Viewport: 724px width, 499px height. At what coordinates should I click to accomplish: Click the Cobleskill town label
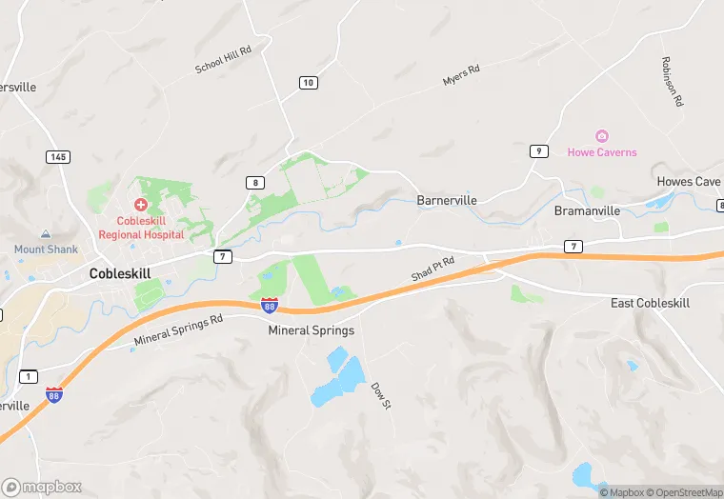[x=120, y=272]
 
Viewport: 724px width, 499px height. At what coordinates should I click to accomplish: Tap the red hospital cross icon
[x=141, y=205]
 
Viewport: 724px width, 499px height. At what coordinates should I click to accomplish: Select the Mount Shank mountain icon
[x=45, y=234]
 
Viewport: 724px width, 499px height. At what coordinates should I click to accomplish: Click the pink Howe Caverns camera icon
[x=602, y=137]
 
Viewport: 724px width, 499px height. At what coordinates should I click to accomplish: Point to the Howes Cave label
[x=688, y=182]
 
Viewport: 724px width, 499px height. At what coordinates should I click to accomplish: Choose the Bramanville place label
[x=587, y=210]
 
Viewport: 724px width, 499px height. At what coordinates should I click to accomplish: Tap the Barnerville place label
[x=447, y=201]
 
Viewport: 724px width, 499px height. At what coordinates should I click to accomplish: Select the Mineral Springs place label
[x=311, y=330]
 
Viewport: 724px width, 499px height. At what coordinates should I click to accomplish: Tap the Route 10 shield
[x=307, y=83]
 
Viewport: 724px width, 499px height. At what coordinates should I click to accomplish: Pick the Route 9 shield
[x=539, y=150]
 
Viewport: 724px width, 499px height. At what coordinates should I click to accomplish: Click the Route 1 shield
[x=29, y=377]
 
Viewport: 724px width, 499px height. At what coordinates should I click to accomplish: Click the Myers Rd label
[x=461, y=76]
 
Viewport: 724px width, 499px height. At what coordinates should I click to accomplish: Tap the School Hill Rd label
[x=222, y=60]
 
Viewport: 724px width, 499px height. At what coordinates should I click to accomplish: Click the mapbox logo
[x=42, y=487]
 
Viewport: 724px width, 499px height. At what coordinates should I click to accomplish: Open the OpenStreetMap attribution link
[x=685, y=492]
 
